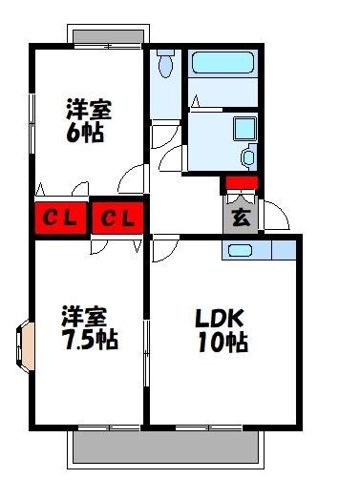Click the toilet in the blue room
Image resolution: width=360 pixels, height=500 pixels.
point(165,64)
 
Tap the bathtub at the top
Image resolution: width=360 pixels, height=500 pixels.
point(222,63)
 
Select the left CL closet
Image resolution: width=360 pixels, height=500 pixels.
point(61,219)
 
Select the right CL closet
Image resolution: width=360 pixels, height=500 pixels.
point(117,219)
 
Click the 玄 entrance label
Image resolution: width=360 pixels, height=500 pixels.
point(242,218)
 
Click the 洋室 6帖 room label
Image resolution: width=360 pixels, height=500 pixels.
point(89,120)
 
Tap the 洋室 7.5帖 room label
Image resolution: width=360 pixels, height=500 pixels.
point(90,327)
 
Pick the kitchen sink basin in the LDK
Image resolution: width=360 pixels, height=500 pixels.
point(241,251)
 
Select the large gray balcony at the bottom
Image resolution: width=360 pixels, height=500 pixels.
point(165,448)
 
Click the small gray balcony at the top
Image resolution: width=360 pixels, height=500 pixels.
point(108,36)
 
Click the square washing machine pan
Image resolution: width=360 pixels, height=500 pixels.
point(244,129)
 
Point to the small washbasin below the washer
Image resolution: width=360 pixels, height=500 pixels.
point(248,157)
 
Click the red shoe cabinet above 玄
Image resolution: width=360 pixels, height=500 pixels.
point(242,183)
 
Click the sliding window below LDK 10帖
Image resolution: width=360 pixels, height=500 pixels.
point(208,427)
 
